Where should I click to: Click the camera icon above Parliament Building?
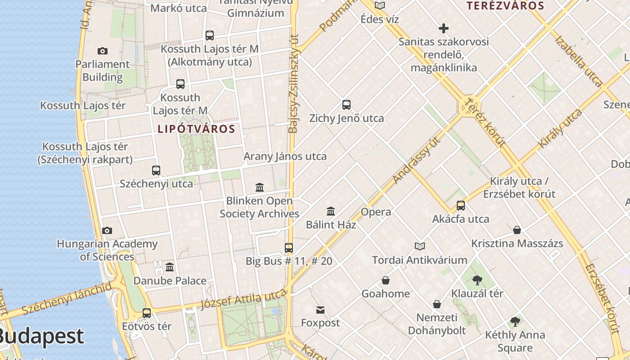(x=103, y=51)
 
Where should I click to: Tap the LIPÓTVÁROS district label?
(x=196, y=129)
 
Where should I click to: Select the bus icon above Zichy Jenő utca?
(x=346, y=105)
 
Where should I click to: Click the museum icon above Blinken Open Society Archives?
(x=260, y=187)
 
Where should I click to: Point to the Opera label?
(x=376, y=212)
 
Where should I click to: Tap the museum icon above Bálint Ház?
(x=331, y=211)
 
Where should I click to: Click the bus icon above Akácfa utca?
(x=461, y=206)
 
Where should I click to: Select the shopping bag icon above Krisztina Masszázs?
(x=517, y=230)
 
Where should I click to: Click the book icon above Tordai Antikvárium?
(x=419, y=246)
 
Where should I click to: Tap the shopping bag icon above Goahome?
(x=386, y=280)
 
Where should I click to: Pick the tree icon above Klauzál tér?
(x=477, y=280)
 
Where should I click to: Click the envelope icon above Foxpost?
(x=320, y=310)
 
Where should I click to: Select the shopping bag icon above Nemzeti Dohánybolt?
(x=436, y=304)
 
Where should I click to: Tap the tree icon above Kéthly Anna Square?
(x=515, y=322)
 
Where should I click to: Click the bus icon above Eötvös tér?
(x=147, y=313)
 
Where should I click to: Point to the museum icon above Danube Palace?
(x=170, y=267)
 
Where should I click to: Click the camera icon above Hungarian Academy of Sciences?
(x=107, y=230)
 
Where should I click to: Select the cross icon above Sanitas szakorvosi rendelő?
(x=444, y=28)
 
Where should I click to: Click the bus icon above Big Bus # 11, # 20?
(x=289, y=247)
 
